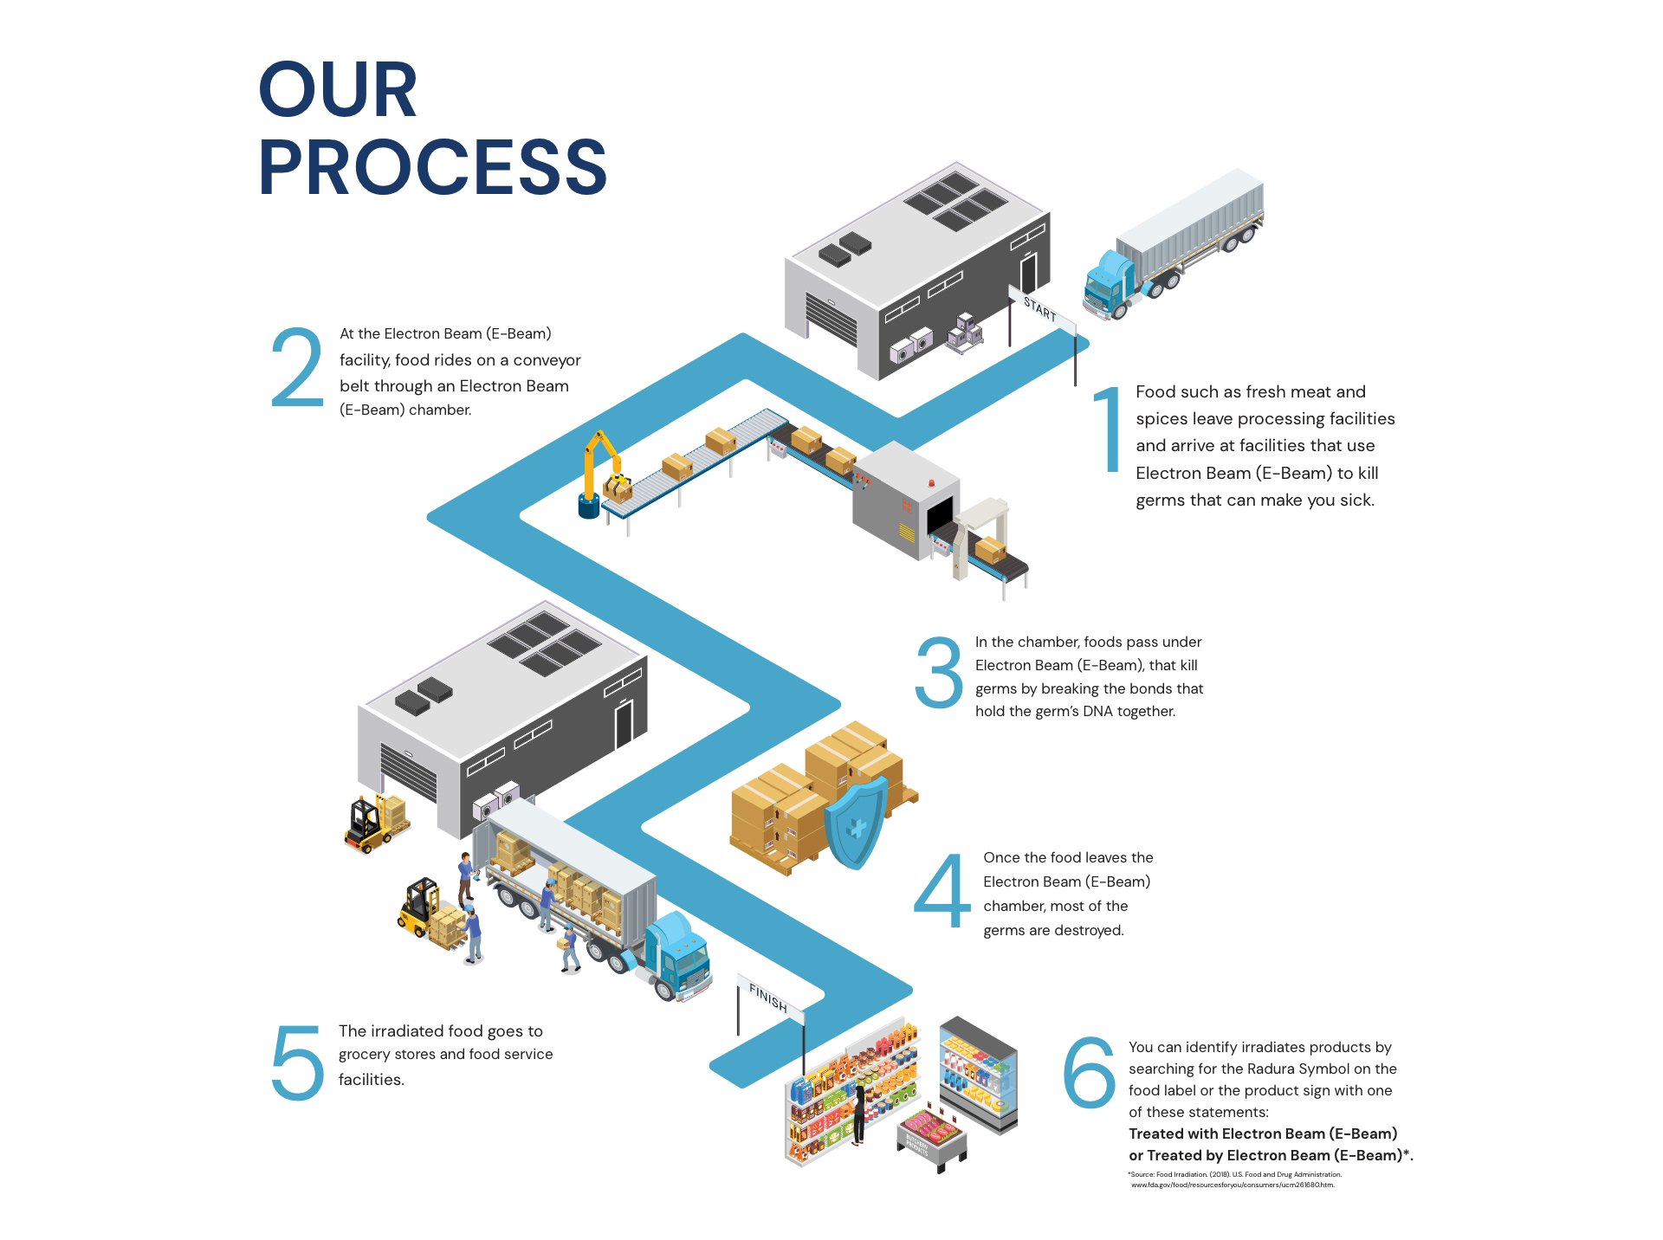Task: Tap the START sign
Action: (1040, 309)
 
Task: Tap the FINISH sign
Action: (768, 998)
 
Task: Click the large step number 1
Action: (1108, 429)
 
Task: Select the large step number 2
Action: (296, 368)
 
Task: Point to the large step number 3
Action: (939, 673)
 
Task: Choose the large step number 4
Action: (942, 892)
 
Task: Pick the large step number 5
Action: (297, 1063)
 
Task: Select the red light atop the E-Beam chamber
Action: (932, 481)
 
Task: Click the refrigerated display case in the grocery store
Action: (978, 1074)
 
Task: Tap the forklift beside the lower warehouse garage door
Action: (371, 823)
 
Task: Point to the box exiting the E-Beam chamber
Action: (990, 548)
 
